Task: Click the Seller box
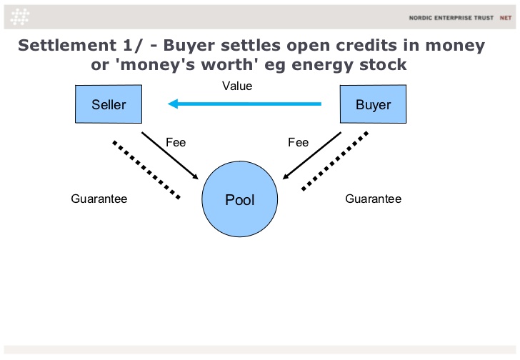pyautogui.click(x=109, y=104)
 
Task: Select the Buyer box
pyautogui.click(x=373, y=104)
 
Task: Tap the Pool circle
pyautogui.click(x=240, y=199)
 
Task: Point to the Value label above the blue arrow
pyautogui.click(x=237, y=86)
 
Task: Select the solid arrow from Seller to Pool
pyautogui.click(x=170, y=156)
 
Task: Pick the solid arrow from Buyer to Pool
pyautogui.click(x=311, y=156)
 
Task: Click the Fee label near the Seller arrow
pyautogui.click(x=176, y=143)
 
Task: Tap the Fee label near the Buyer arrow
pyautogui.click(x=298, y=143)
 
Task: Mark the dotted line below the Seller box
pyautogui.click(x=146, y=170)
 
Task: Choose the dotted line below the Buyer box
pyautogui.click(x=334, y=161)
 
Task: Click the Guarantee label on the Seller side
pyautogui.click(x=99, y=199)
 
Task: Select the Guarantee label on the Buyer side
pyautogui.click(x=373, y=199)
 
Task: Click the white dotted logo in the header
pyautogui.click(x=20, y=16)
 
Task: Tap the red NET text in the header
pyautogui.click(x=506, y=18)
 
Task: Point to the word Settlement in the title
pyautogui.click(x=67, y=45)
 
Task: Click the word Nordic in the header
pyautogui.click(x=420, y=18)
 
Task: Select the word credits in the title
pyautogui.click(x=366, y=45)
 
